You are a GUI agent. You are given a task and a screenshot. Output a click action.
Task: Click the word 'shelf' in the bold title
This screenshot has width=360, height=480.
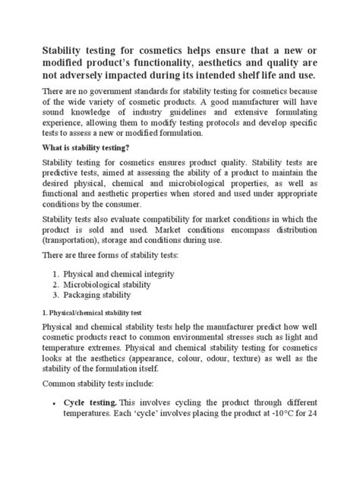(x=265, y=81)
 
